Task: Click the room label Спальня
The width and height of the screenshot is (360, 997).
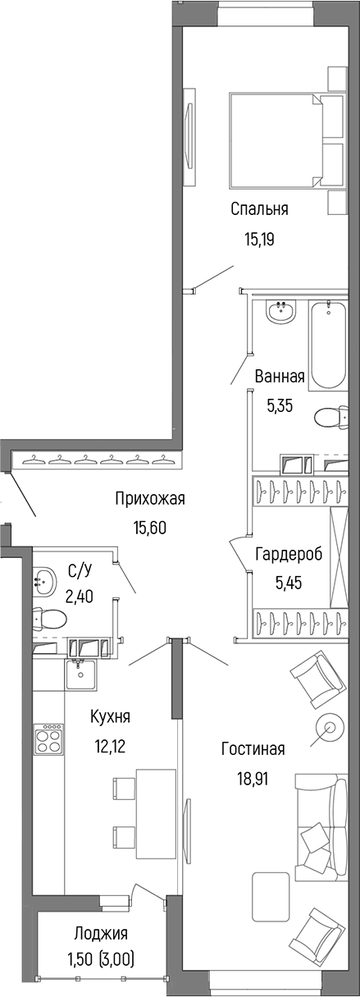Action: [258, 209]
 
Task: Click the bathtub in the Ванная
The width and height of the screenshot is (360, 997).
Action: [328, 345]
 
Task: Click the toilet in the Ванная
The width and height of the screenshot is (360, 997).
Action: [331, 418]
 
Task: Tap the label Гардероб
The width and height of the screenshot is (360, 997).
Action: [288, 554]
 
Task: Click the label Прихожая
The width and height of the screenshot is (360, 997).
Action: [150, 498]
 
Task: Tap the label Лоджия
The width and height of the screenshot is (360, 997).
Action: [100, 933]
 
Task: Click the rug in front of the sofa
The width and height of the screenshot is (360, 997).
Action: [271, 896]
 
